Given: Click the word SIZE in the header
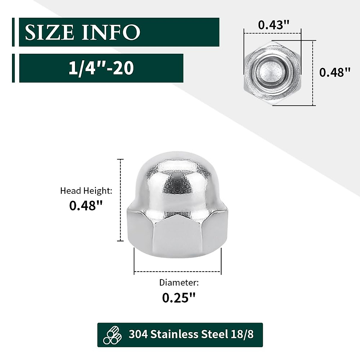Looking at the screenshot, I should click(x=49, y=32).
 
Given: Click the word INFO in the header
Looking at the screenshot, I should click(x=111, y=32).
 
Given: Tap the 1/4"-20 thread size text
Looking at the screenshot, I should click(x=101, y=68).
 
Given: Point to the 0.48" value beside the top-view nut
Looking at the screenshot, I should click(x=334, y=72).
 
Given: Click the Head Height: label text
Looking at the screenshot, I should click(x=86, y=191).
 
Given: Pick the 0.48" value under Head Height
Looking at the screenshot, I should click(x=86, y=206).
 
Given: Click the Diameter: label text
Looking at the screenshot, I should click(x=179, y=283).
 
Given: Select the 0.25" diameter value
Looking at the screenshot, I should click(x=179, y=298).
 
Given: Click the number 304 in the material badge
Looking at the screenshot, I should click(x=138, y=334).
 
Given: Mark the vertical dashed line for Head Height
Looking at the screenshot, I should click(x=121, y=200).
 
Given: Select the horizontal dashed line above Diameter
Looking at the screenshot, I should click(x=178, y=272).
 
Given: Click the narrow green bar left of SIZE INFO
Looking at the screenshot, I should click(x=13, y=32).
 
